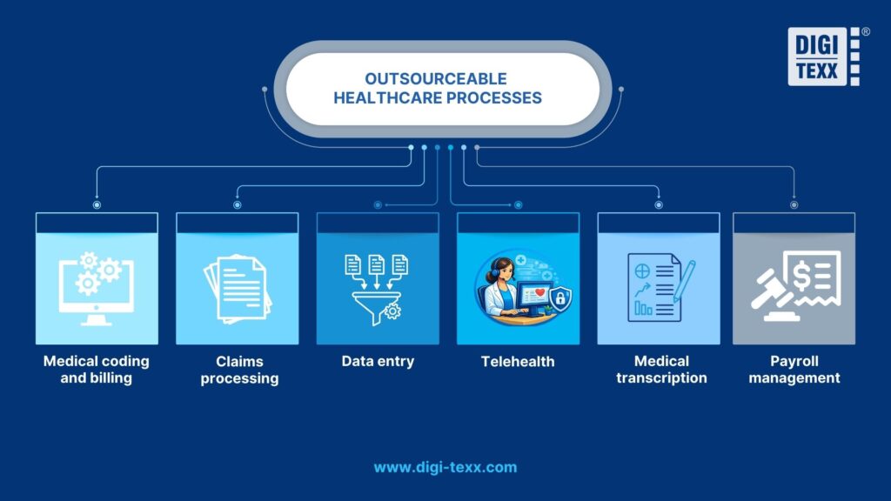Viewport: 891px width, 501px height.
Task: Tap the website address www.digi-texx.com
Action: point(445,467)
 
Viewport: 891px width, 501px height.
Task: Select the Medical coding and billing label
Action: point(97,370)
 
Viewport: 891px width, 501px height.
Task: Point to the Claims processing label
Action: point(239,370)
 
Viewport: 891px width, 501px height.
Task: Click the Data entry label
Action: point(378,361)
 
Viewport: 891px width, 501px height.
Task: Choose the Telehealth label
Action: point(518,361)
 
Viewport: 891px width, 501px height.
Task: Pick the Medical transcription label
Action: point(661,370)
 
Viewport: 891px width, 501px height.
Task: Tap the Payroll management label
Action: point(794,370)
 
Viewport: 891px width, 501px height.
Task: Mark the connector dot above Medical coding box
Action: point(97,205)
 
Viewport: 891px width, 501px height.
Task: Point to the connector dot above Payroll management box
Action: point(794,205)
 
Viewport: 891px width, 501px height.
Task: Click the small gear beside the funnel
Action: point(393,311)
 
